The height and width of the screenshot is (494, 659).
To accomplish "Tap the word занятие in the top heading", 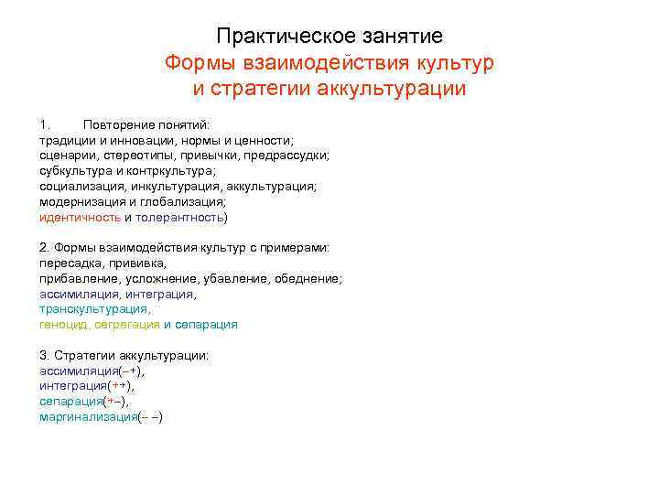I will coord(403,37).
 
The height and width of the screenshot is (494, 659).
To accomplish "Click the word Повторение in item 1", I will coord(114,123).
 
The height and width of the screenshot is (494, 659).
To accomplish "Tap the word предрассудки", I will coord(288,155).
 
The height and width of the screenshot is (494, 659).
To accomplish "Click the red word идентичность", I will coord(80,217).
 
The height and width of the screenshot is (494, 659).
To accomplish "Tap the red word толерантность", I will coord(179,217).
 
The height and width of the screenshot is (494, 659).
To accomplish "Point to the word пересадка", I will coord(70,263).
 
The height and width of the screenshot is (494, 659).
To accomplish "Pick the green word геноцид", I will coord(60,325).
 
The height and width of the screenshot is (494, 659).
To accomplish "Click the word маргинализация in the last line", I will coord(88,417).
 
